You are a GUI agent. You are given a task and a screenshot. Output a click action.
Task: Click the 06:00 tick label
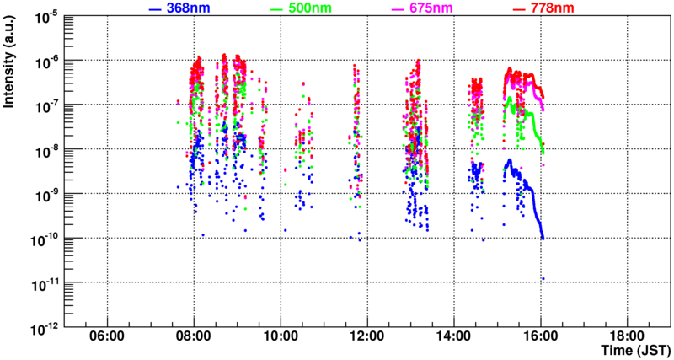107,336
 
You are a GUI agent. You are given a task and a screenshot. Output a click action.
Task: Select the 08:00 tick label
194,336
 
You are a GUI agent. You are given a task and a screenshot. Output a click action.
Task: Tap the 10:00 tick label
281,336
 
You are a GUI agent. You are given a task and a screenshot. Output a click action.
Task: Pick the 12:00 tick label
366,336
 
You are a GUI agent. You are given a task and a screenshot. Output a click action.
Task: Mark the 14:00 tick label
453,336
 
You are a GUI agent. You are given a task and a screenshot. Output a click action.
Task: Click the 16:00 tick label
540,336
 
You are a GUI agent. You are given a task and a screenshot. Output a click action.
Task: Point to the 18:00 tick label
626,336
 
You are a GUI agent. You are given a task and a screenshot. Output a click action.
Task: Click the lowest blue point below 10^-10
543,278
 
